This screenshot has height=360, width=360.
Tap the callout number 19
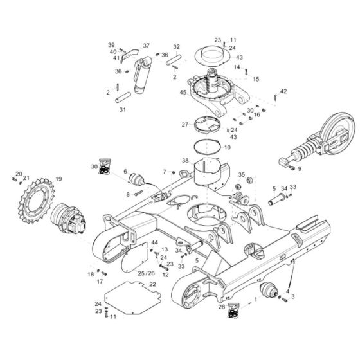[x=59, y=179]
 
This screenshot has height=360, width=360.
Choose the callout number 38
[x=186, y=160]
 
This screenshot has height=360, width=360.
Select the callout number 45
[x=183, y=93]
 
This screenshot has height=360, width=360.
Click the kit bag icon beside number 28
[x=233, y=307]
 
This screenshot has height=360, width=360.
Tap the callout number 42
[x=283, y=92]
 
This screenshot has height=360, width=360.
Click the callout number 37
[x=146, y=46]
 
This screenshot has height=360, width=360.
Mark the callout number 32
[x=177, y=47]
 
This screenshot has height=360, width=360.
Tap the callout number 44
[x=154, y=242]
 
